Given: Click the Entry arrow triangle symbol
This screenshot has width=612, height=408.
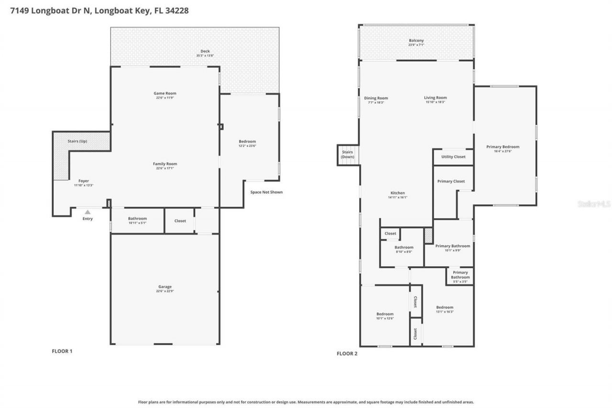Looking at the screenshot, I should coord(87,212).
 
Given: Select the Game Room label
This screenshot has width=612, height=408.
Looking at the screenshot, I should coord(165,93).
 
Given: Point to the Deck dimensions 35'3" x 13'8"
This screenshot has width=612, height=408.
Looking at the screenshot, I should coord(205,56).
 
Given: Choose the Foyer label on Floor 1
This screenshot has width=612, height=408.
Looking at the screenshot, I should coord(84,181).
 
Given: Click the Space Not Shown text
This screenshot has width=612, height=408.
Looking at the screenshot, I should coord(266,192).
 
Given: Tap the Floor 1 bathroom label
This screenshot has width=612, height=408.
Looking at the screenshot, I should coord(138,219).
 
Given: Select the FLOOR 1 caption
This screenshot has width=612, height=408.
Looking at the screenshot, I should coord(62,351).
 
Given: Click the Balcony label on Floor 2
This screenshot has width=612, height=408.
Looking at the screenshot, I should coord(416,41).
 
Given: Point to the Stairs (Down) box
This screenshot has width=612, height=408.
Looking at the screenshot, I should coord(348,155).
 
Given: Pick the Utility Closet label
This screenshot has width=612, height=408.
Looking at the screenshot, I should coord(453,157).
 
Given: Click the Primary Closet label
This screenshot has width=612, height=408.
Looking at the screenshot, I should coord(451,181).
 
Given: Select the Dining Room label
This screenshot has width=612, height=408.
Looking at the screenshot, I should coord(376,98).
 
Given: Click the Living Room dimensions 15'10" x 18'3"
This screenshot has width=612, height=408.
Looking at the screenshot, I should coord(435,102).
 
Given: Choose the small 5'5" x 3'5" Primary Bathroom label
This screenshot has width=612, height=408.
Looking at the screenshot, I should coord(460,282).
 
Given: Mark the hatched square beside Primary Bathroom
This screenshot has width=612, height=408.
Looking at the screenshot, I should coord(428,235).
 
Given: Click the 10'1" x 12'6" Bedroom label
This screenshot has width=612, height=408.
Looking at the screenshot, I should coord(384,314).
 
